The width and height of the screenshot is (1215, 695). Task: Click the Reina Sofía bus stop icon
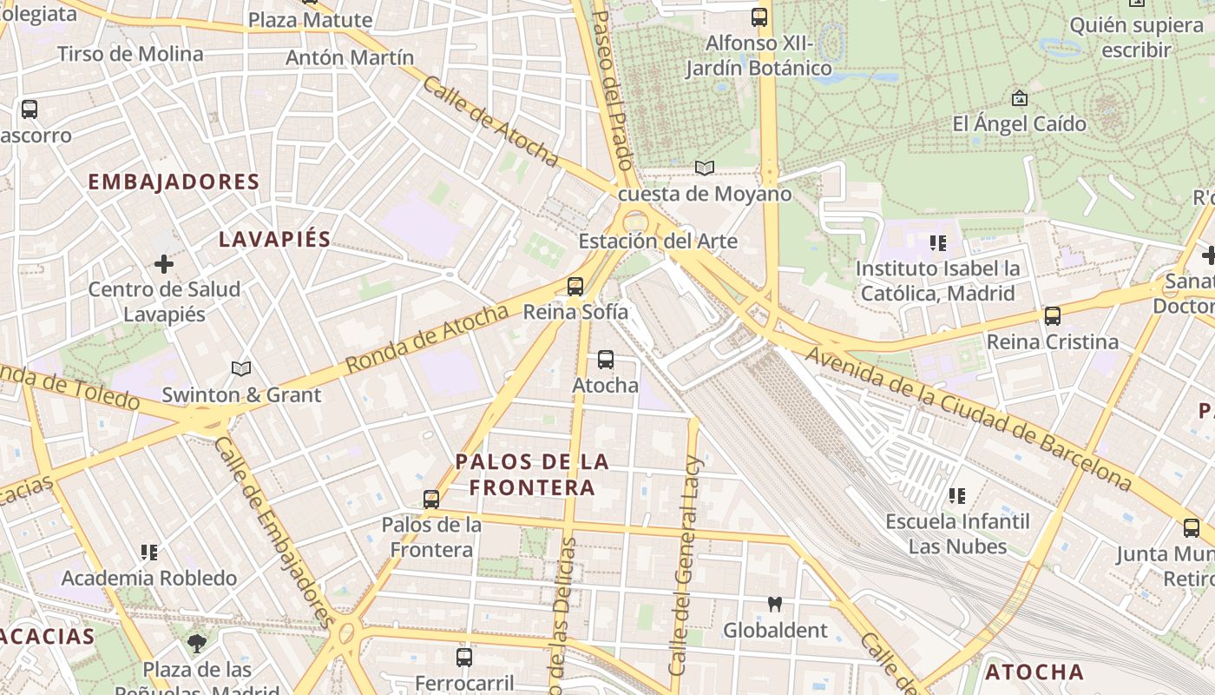tap(575, 287)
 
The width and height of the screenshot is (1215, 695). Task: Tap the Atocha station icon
tap(606, 359)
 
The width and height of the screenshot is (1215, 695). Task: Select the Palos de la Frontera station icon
tap(431, 500)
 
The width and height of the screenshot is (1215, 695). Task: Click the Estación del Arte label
tap(658, 241)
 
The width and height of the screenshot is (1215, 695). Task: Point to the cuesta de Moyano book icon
tap(705, 168)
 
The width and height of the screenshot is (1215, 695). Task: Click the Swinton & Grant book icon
tap(241, 369)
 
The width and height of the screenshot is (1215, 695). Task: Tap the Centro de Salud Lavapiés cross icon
tap(164, 263)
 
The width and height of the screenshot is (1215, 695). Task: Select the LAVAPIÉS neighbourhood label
tap(274, 239)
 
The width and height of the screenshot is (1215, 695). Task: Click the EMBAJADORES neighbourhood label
tap(174, 182)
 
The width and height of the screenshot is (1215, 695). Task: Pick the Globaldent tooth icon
tap(775, 604)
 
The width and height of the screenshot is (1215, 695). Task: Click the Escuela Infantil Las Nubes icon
tap(957, 496)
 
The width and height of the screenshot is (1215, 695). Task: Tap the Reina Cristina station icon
tap(1053, 316)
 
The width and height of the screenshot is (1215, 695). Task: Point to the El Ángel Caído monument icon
tap(1020, 97)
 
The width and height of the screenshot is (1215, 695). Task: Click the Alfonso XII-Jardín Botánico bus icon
tap(759, 17)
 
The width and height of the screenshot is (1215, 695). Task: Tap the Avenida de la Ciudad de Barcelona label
tap(968, 418)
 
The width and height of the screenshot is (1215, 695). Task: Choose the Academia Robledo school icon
tap(149, 553)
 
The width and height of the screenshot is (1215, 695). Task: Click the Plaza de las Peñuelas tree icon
tap(197, 644)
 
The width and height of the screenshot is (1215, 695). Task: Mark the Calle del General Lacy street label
tap(685, 565)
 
